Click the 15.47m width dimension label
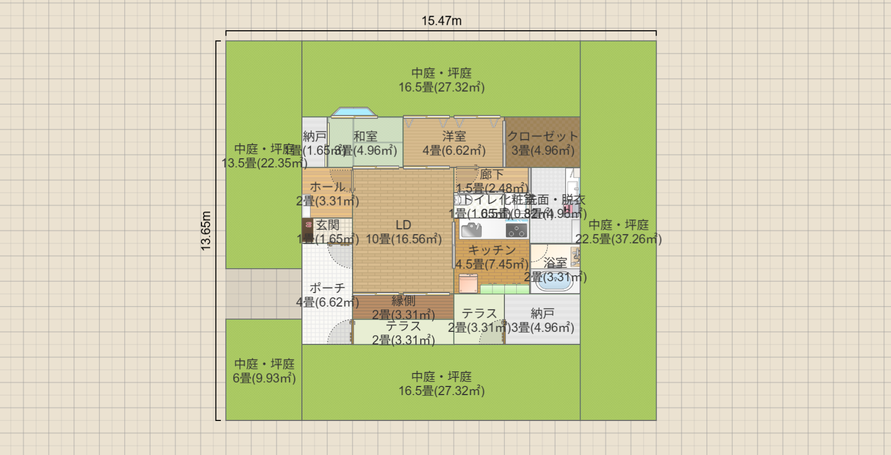(x=441, y=21)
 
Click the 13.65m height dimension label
(x=206, y=230)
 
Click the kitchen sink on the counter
(x=471, y=230)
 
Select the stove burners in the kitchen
(x=516, y=230)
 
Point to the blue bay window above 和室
(x=353, y=112)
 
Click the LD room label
(x=403, y=225)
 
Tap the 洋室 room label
(x=454, y=137)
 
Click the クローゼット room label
(x=542, y=137)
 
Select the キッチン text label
(x=491, y=250)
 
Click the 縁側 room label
(x=403, y=301)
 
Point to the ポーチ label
(x=327, y=288)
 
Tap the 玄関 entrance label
(x=327, y=225)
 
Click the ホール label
(x=327, y=187)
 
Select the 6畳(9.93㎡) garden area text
(x=264, y=378)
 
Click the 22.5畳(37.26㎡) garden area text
(x=618, y=239)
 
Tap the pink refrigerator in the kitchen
(x=468, y=283)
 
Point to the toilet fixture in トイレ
(x=460, y=200)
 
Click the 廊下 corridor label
(x=491, y=174)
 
